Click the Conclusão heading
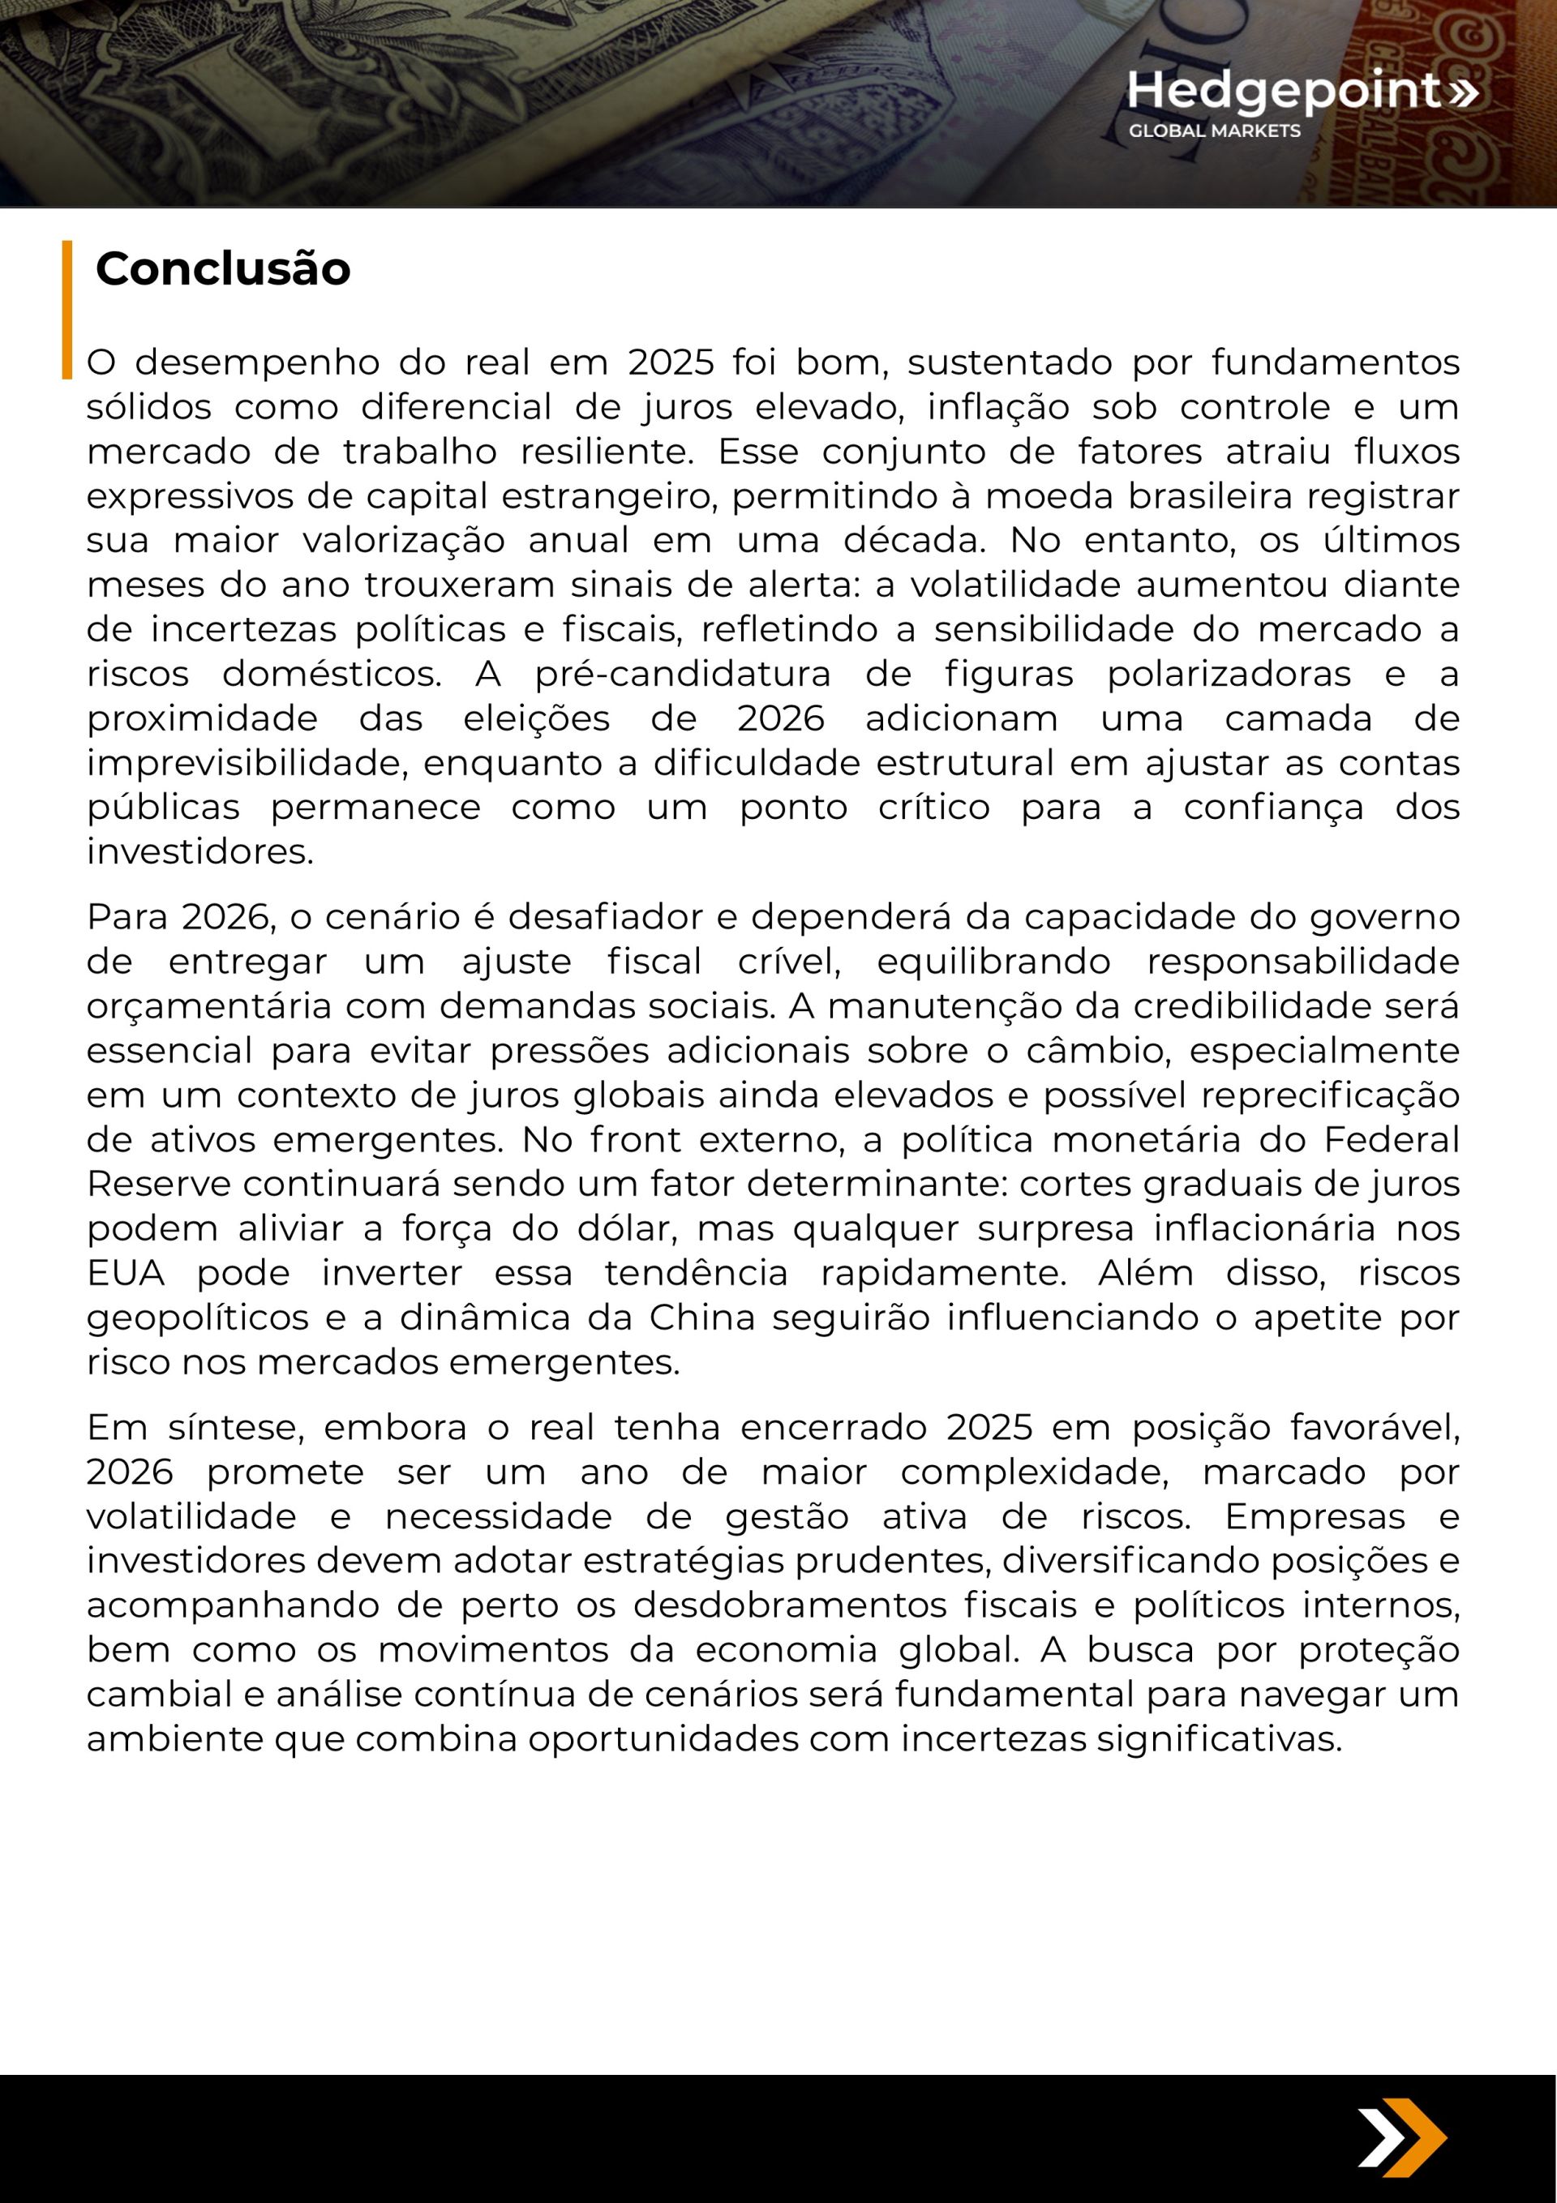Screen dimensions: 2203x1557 tap(223, 268)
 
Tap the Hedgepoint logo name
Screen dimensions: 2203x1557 tap(1284, 91)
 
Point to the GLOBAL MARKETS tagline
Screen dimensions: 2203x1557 tap(1213, 131)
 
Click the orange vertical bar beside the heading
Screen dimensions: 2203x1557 tap(67, 309)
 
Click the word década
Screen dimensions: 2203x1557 tap(914, 540)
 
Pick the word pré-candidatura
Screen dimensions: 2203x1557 tap(683, 674)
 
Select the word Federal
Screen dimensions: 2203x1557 tap(1392, 1139)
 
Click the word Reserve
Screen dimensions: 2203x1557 tap(158, 1183)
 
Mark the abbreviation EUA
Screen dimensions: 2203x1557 tap(126, 1272)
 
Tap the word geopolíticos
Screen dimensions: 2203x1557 tap(198, 1318)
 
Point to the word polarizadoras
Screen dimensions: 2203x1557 tap(1229, 674)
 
